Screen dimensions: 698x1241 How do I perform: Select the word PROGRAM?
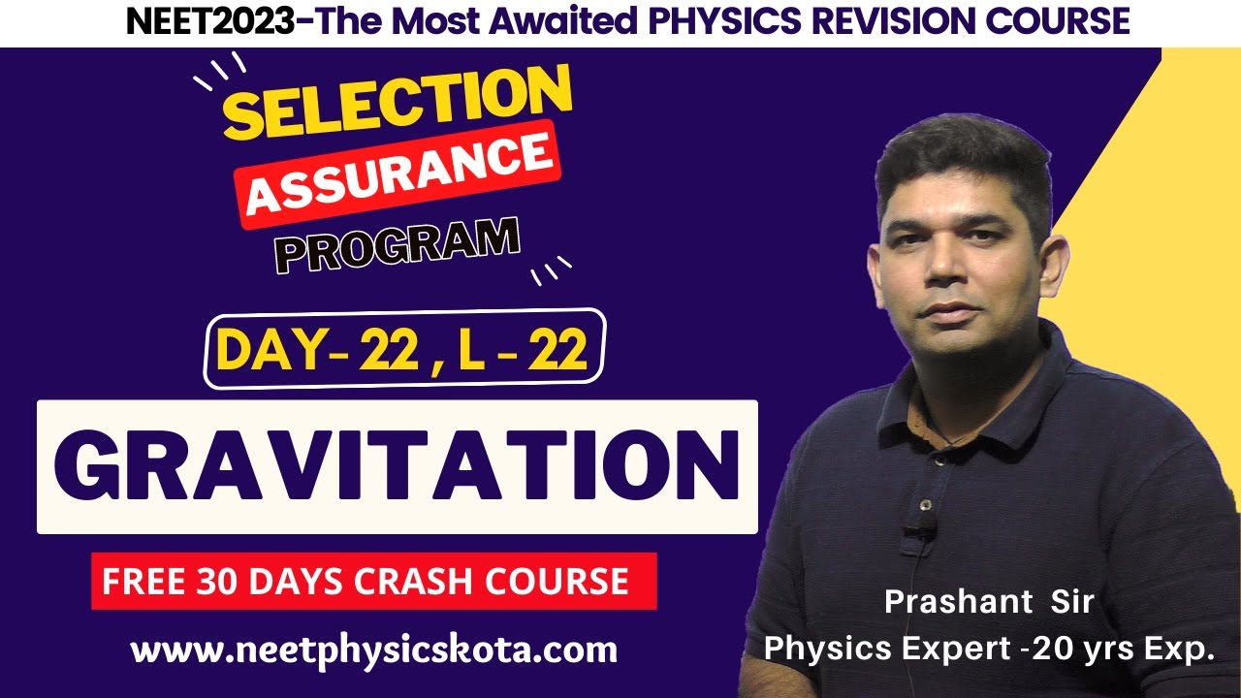(x=397, y=245)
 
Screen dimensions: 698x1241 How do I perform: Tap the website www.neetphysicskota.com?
(x=374, y=650)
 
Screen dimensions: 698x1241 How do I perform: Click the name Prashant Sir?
(x=989, y=602)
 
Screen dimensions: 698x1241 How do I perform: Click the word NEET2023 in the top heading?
(x=207, y=20)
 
